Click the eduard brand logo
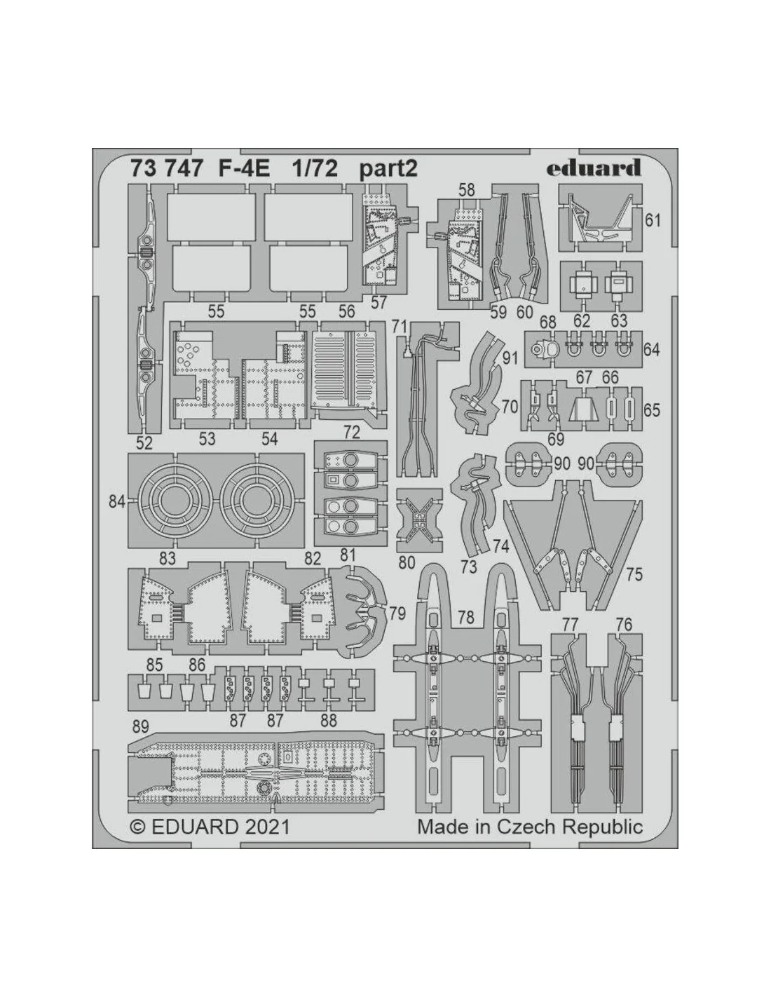tap(593, 168)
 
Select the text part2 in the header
tap(388, 170)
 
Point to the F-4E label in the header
tap(243, 169)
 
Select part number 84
tap(118, 502)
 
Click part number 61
tap(653, 221)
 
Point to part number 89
tap(140, 726)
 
